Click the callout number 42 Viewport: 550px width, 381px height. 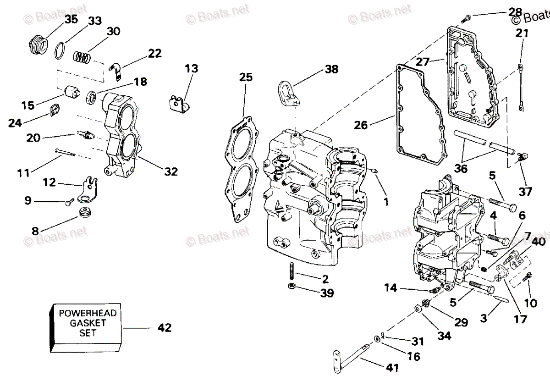tap(165, 328)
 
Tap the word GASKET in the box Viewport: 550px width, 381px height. tap(88, 323)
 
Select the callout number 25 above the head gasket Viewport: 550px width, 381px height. tap(246, 77)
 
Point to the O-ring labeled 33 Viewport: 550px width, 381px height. tap(60, 51)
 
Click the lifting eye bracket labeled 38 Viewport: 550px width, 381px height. tap(289, 94)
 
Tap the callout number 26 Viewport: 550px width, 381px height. tap(360, 125)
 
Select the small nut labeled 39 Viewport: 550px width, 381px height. tap(291, 286)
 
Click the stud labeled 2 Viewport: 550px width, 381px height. tap(292, 271)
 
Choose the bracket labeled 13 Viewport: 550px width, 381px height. tap(180, 105)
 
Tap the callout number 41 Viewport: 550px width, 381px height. tap(392, 368)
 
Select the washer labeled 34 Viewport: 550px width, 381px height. tap(417, 309)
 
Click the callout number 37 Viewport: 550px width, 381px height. tap(525, 192)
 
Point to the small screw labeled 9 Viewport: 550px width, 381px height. tap(70, 202)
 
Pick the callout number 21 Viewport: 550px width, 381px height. tap(522, 33)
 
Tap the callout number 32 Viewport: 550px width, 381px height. tap(171, 171)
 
